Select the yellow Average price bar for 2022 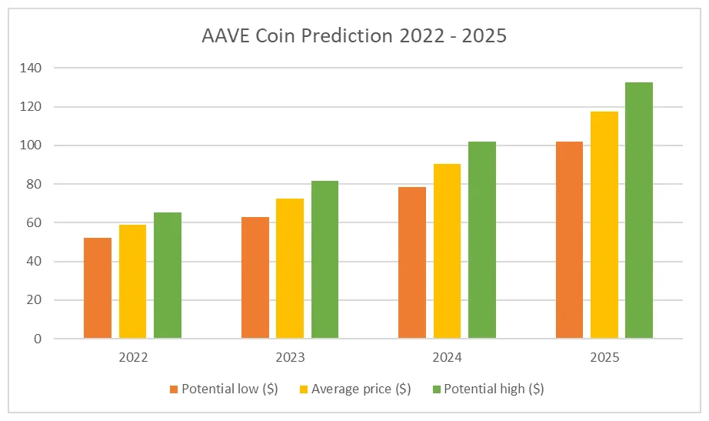(132, 281)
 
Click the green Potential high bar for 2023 (325, 259)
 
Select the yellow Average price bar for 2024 (447, 251)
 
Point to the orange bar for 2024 (412, 262)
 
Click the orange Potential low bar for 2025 (569, 239)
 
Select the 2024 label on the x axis (447, 358)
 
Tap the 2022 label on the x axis (132, 358)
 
